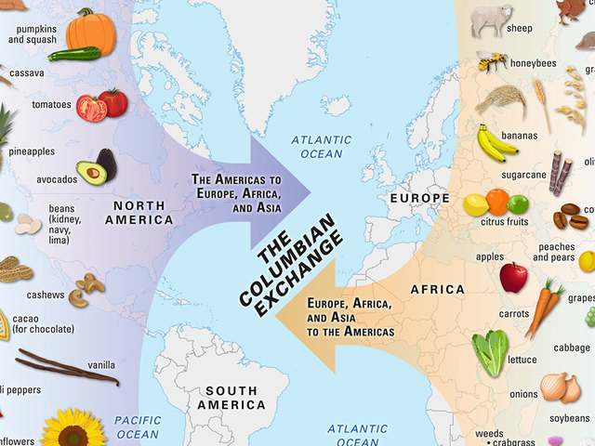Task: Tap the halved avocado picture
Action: coord(97,167)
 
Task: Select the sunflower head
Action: coord(74,430)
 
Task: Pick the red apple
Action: coord(513,277)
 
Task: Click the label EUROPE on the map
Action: coord(419,198)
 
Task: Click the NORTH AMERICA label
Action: coord(139,213)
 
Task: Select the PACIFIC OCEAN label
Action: coord(138,426)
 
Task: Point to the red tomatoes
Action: coord(102,104)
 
